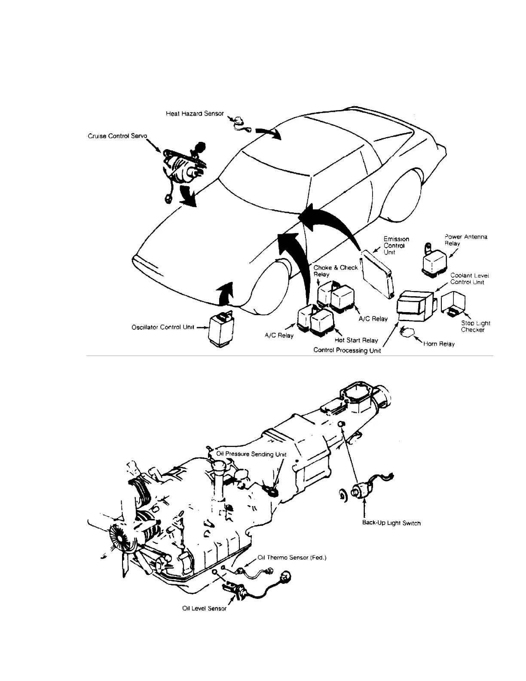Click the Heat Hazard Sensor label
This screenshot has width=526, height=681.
pos(195,113)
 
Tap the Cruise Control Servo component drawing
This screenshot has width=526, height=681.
pos(183,168)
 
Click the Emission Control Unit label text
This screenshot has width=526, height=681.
pos(396,245)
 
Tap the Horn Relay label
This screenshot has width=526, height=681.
pos(439,344)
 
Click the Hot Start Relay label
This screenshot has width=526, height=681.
pos(356,340)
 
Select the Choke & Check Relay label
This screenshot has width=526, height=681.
pos(335,271)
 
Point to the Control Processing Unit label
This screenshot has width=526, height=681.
pos(347,350)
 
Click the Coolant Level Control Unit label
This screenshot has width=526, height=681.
pos(469,279)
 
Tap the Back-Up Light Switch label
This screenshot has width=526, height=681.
pos(391,523)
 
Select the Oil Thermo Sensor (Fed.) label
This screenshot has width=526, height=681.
pos(292,558)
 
